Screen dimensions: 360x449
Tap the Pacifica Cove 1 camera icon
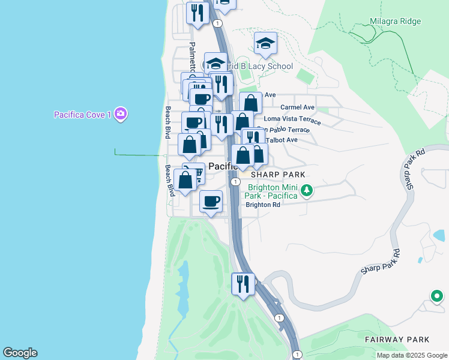121,113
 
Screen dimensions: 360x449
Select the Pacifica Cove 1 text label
82,115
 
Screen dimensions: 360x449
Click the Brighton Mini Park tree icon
307,191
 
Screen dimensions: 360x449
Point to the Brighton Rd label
263,205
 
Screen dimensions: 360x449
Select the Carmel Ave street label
297,107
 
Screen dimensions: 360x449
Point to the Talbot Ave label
282,140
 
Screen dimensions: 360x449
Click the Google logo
20,353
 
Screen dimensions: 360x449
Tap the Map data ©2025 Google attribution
411,355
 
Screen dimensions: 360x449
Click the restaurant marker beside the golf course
243,284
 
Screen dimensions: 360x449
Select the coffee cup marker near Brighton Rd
209,202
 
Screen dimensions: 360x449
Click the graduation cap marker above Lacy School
265,44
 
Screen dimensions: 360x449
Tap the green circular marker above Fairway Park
437,296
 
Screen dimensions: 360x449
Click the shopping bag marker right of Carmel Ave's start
250,104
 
